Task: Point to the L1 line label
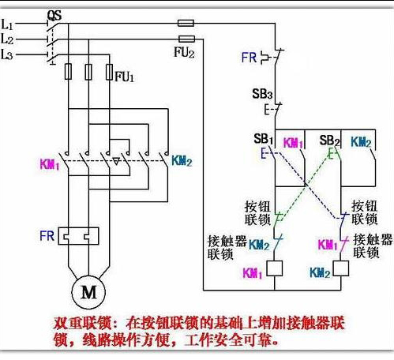coord(7,24)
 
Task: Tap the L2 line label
coord(7,38)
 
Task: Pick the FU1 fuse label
coord(124,76)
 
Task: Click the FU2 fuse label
coord(183,51)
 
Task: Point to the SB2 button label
coord(329,141)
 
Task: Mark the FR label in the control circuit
coord(250,57)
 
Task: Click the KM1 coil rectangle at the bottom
coord(276,270)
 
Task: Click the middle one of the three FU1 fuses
coord(88,73)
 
